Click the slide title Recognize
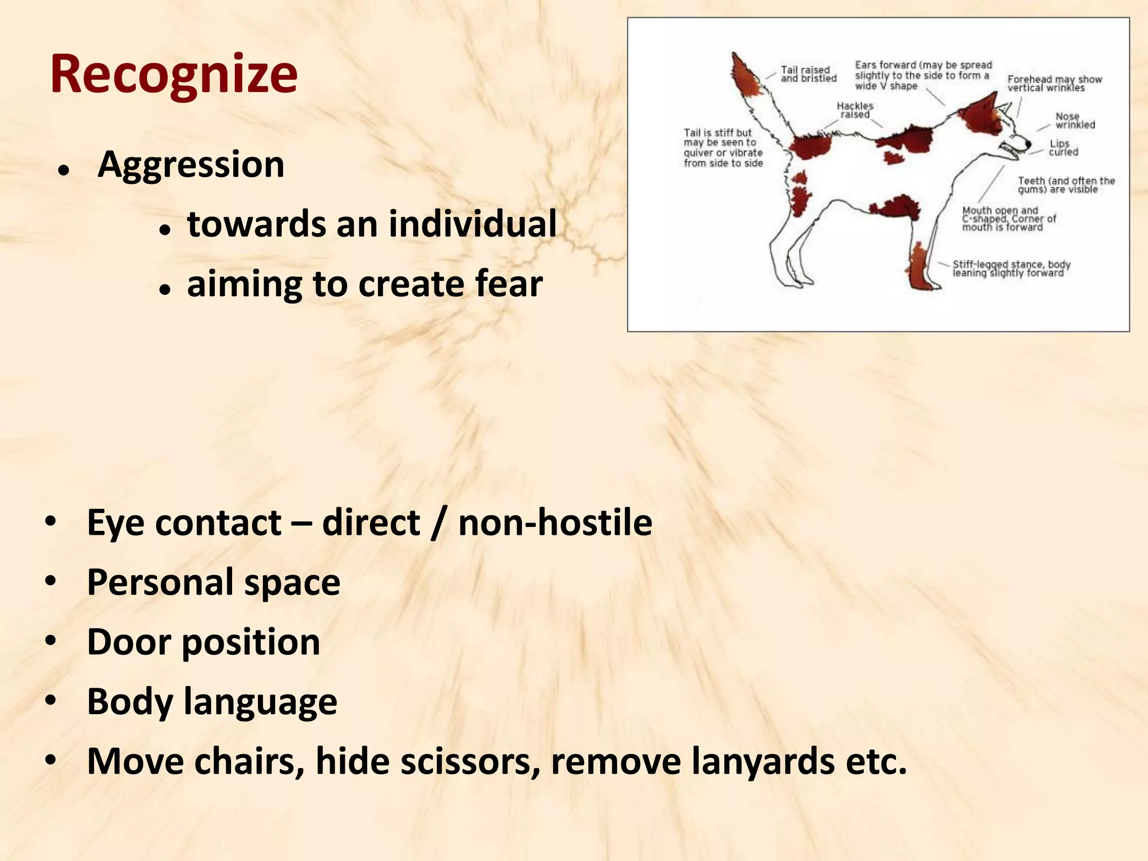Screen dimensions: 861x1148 pyautogui.click(x=174, y=75)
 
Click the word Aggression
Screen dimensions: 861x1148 pyautogui.click(x=191, y=165)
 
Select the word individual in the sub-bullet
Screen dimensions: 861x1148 pyautogui.click(x=473, y=224)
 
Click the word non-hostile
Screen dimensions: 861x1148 pyautogui.click(x=555, y=523)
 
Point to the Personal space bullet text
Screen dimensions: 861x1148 pyautogui.click(x=213, y=582)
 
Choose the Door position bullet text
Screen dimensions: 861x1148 pyautogui.click(x=203, y=642)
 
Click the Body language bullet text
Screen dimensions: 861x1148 pyautogui.click(x=212, y=702)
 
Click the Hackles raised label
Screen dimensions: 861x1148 pyautogui.click(x=855, y=110)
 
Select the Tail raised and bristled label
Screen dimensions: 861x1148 pyautogui.click(x=808, y=74)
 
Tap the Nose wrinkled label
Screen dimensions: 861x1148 pyautogui.click(x=1074, y=121)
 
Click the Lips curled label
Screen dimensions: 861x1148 pyautogui.click(x=1063, y=147)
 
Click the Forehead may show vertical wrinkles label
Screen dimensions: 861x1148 pyautogui.click(x=1053, y=84)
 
